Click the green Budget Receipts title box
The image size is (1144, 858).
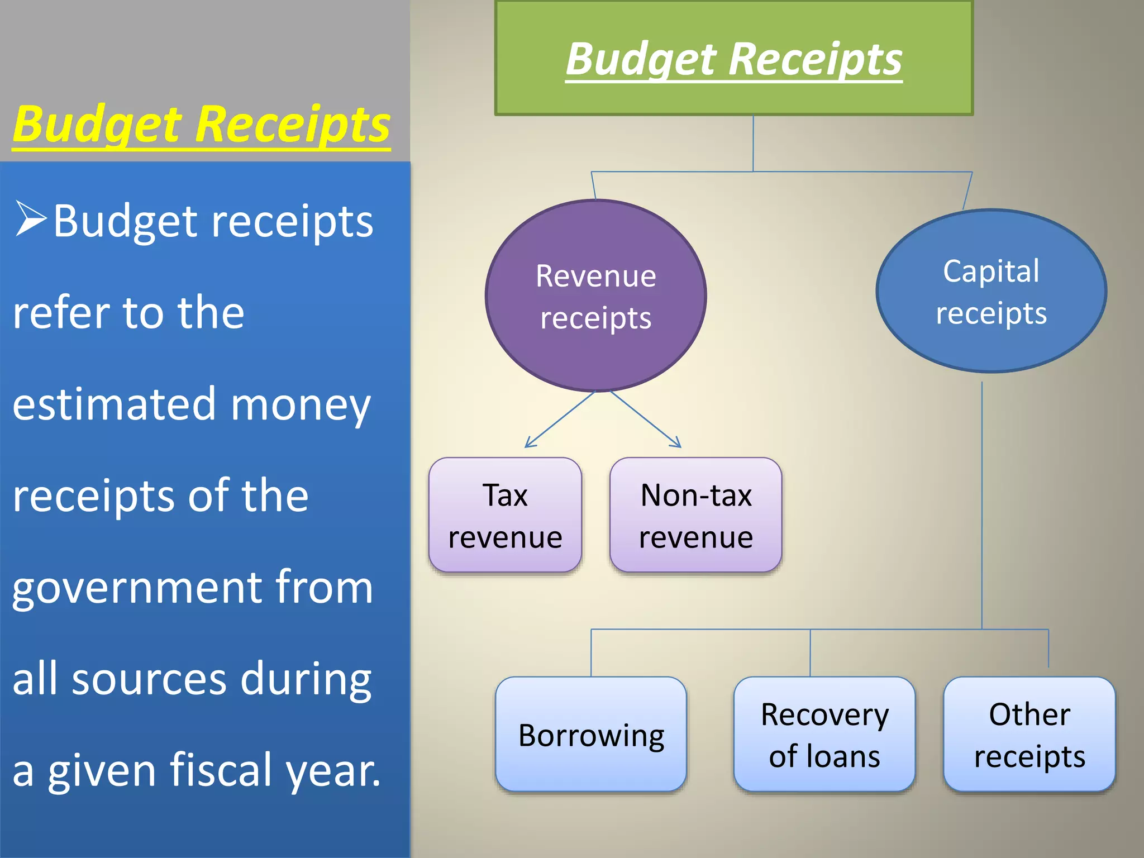pyautogui.click(x=733, y=58)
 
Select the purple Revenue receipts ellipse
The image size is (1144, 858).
pyautogui.click(x=595, y=296)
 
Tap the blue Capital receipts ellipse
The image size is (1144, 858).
pyautogui.click(x=991, y=291)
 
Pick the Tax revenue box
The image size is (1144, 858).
pyautogui.click(x=505, y=516)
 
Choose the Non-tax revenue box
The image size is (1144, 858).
pyautogui.click(x=695, y=516)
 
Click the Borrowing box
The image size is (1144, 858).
pyautogui.click(x=591, y=735)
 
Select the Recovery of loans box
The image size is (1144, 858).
pyautogui.click(x=824, y=735)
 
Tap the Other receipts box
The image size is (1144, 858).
pyautogui.click(x=1029, y=735)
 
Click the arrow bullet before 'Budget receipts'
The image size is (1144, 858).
pyautogui.click(x=31, y=218)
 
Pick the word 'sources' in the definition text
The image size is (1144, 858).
pyautogui.click(x=149, y=679)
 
